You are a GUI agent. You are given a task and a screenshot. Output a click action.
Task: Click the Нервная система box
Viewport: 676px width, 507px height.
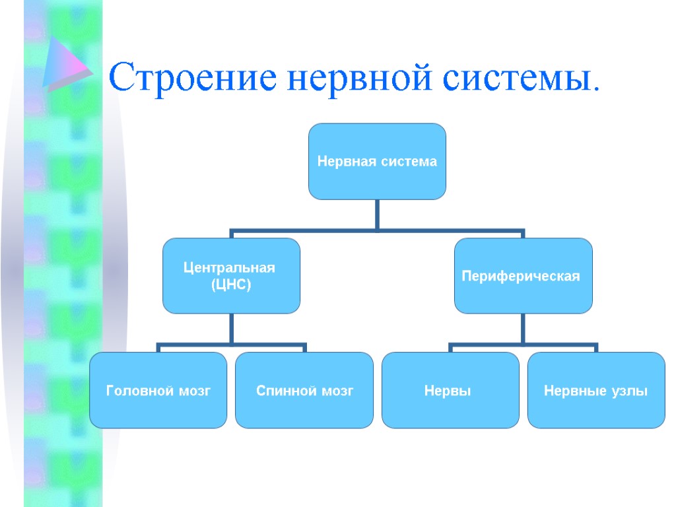377,161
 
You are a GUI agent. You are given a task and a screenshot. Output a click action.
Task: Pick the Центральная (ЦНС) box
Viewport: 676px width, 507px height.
231,276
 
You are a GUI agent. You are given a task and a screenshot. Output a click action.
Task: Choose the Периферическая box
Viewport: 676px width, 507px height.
523,276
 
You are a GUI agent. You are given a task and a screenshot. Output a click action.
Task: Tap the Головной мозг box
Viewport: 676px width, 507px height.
158,391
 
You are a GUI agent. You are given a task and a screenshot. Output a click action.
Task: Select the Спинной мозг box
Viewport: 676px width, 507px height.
304,391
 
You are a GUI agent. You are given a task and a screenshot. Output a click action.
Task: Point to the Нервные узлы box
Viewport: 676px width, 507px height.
596,391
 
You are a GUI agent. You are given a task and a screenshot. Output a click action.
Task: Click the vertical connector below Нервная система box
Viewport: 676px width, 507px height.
377,215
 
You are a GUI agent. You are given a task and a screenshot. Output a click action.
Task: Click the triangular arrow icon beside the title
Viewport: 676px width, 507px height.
65,64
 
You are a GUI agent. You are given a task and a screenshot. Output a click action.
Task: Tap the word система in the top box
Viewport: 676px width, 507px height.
409,161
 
